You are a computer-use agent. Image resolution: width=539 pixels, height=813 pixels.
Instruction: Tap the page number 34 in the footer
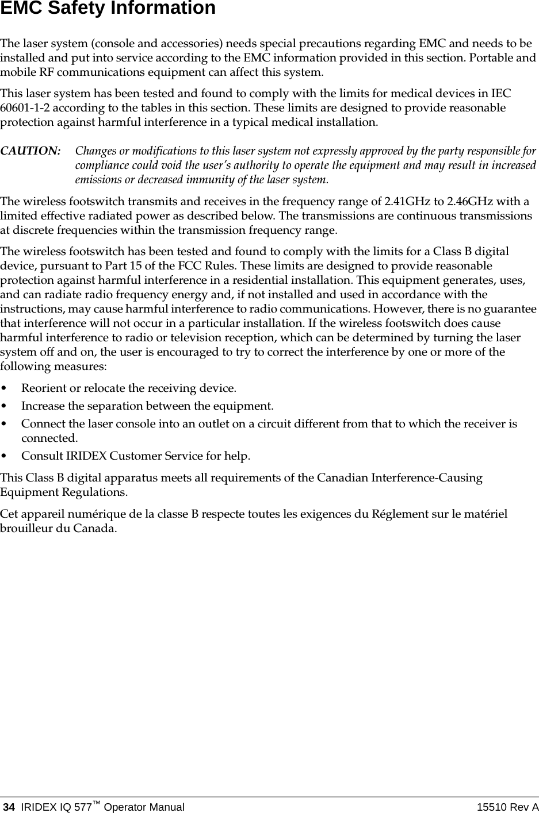click(9, 807)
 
